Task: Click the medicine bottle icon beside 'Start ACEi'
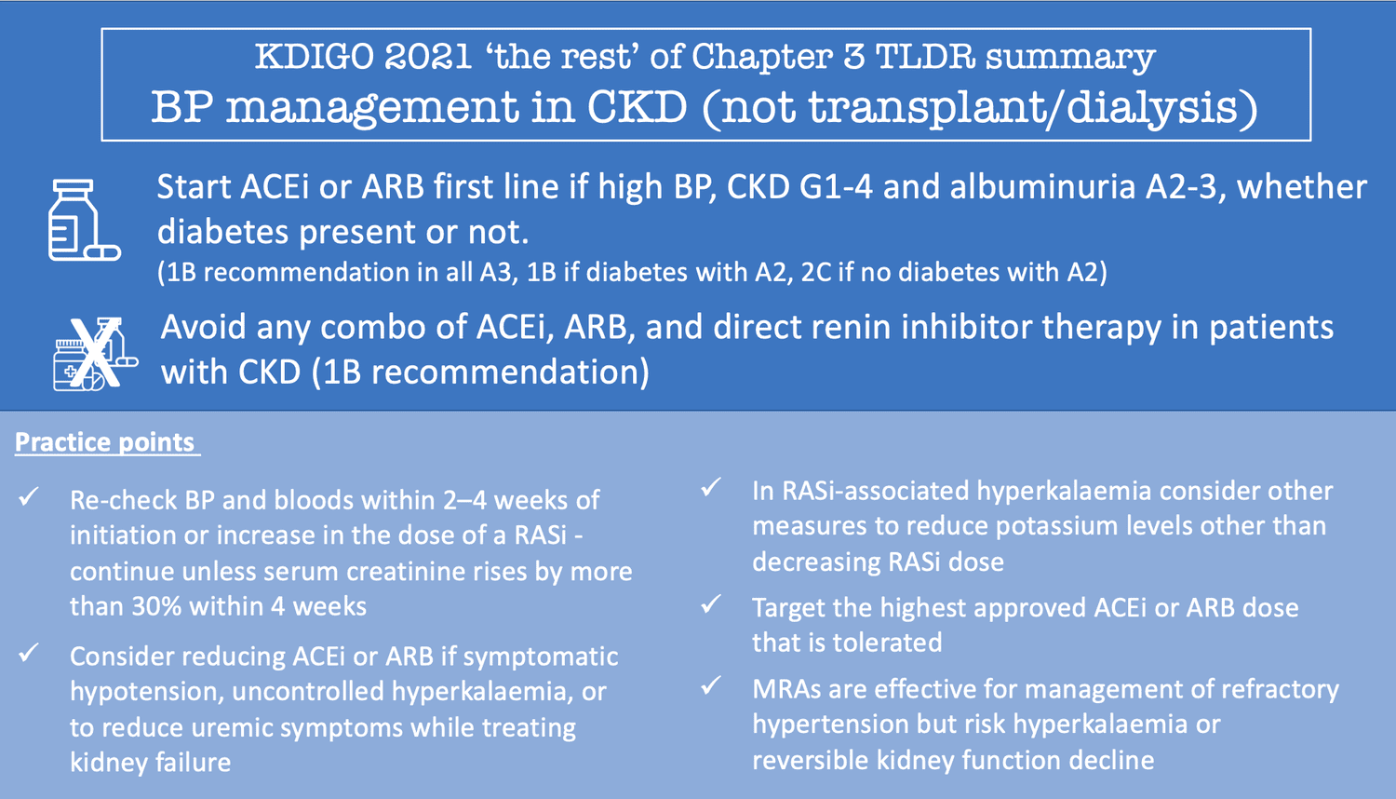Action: click(x=83, y=221)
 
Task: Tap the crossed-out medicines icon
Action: click(x=94, y=354)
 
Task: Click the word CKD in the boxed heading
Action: click(x=637, y=108)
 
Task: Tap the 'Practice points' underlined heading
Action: click(x=105, y=441)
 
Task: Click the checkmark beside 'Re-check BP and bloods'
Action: click(x=29, y=497)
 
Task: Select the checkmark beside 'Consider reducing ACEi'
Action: click(x=29, y=654)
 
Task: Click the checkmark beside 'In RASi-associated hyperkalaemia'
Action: click(x=712, y=487)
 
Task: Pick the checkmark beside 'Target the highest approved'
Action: click(x=712, y=605)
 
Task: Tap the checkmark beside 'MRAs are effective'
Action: click(x=712, y=686)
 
